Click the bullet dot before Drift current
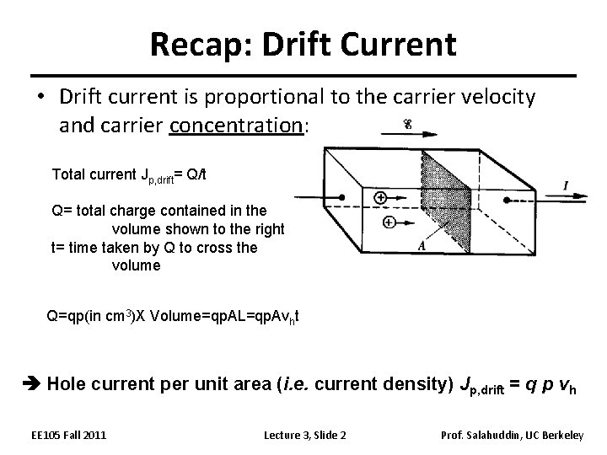[40, 98]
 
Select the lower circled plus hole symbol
[389, 222]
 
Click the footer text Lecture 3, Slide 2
[305, 434]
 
